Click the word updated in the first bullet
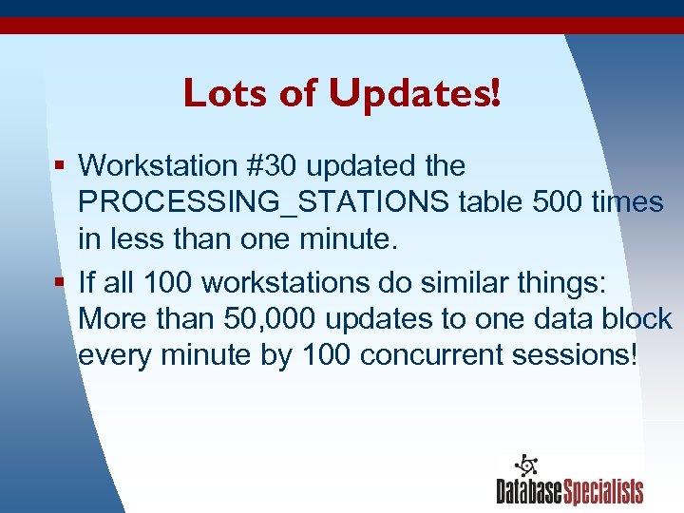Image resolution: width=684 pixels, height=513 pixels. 359,165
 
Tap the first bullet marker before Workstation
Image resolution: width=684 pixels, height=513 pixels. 59,166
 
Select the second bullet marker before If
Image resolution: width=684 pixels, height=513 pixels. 59,283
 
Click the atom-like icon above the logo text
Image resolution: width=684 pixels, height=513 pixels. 525,465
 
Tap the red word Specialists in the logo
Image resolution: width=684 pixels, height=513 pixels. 604,491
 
